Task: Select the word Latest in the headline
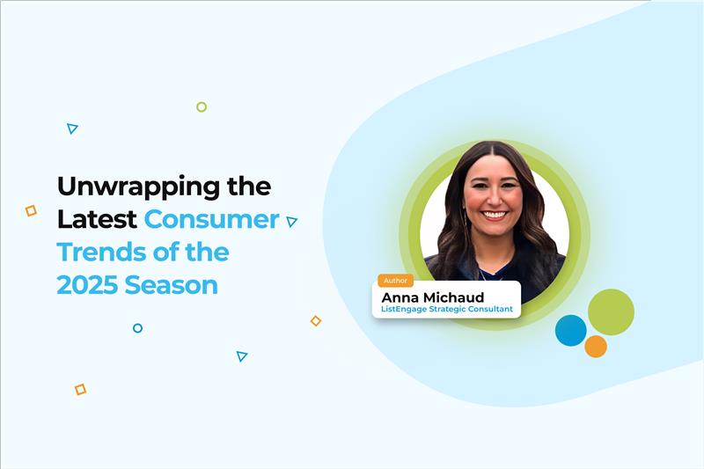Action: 97,219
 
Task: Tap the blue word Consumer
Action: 212,219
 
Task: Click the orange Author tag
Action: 395,281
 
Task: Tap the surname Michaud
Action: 458,297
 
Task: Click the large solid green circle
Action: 611,311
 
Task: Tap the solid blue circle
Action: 571,330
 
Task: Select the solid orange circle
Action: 596,346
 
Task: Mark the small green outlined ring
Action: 202,106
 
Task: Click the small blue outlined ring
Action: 137,328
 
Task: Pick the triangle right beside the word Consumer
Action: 291,222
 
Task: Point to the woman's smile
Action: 495,214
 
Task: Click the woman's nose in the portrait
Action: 494,200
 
